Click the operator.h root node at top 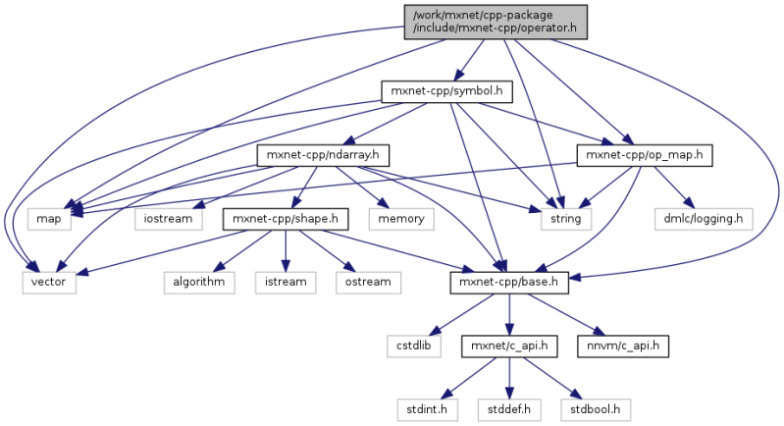(x=496, y=22)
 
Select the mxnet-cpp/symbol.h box (x=446, y=92)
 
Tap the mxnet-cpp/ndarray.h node (x=324, y=155)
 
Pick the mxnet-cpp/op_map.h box (x=644, y=155)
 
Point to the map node (x=49, y=218)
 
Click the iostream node (x=169, y=218)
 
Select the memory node (x=399, y=218)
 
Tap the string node (x=566, y=218)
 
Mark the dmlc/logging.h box (x=706, y=218)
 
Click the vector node (x=49, y=283)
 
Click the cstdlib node (x=413, y=346)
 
